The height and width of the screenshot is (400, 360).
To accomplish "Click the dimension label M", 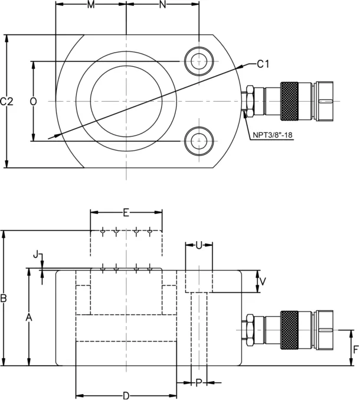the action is [91, 4].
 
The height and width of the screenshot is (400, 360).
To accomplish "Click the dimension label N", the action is [162, 4].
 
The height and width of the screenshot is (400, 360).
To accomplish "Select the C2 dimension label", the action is [6, 102].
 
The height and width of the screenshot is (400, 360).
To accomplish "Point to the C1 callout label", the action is [263, 64].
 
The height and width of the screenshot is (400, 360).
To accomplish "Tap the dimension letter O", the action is [34, 102].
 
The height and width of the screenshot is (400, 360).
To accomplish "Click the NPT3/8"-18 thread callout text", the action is [272, 135].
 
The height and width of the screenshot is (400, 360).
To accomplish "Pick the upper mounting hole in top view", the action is [199, 61].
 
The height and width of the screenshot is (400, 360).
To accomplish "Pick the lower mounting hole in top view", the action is [199, 141].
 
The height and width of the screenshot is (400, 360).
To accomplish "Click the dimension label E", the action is [126, 213].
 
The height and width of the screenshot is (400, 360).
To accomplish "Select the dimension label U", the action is [199, 245].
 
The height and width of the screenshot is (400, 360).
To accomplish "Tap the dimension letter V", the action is [263, 281].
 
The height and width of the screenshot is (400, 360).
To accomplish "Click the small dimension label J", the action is [36, 255].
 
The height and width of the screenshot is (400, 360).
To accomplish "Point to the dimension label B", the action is [4, 298].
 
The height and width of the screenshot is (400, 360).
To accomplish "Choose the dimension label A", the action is [30, 318].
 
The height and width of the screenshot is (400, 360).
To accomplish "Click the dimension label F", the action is [356, 350].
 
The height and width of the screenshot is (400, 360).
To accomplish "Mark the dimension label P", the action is [199, 383].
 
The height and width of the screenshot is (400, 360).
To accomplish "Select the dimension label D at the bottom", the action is [126, 396].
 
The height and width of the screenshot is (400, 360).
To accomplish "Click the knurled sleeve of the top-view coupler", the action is [289, 101].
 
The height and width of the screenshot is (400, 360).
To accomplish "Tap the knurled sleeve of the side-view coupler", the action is [289, 330].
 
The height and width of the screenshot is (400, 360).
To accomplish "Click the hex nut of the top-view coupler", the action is [250, 101].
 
